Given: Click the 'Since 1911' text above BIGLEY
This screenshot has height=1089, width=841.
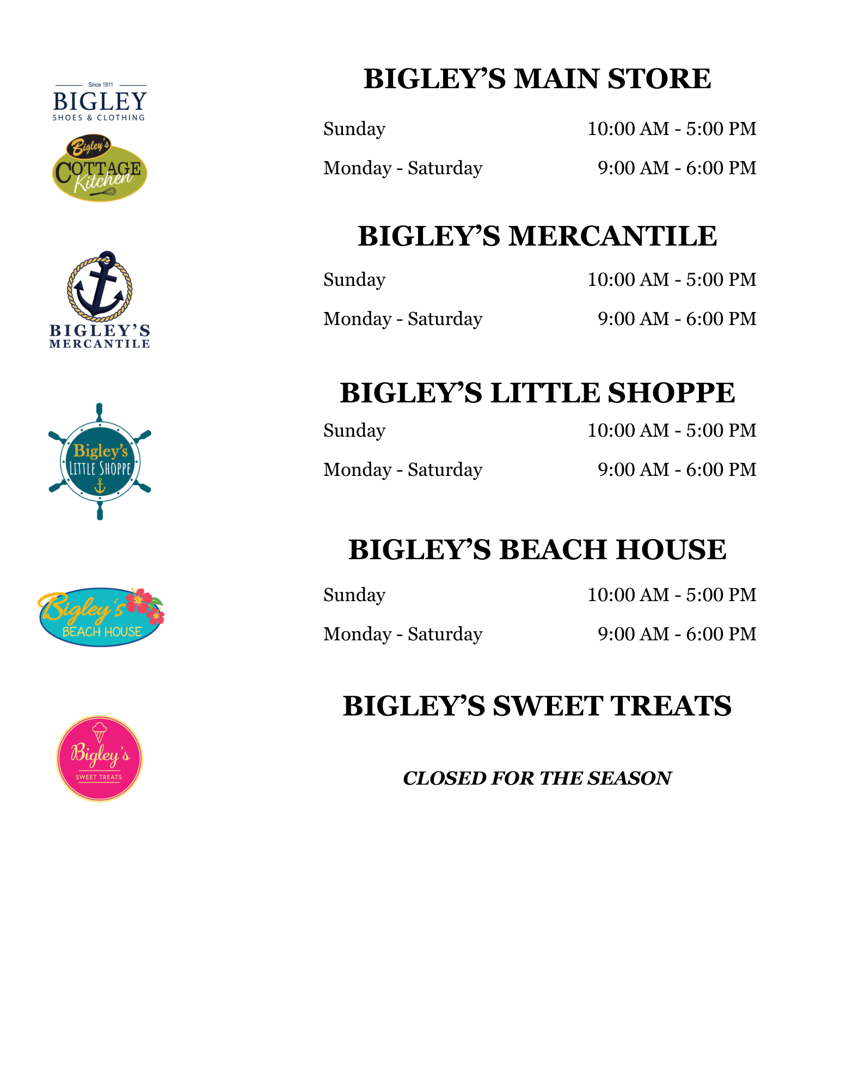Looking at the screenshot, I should point(101,85).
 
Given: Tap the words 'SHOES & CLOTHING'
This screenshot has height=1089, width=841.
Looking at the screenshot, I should point(99,118).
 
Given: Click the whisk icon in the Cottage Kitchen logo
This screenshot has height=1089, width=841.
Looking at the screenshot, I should point(105,193).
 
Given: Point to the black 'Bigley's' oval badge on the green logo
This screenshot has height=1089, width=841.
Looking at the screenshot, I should point(89,146).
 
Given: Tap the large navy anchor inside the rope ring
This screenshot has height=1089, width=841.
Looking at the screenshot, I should point(99,291).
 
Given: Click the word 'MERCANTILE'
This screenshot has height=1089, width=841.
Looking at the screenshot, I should point(100,344).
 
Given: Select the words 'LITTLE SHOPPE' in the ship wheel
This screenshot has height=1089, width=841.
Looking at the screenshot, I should point(100,468).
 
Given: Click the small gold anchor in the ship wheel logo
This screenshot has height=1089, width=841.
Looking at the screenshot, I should point(100,486).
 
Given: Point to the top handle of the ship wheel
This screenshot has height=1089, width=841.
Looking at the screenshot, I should point(99,411).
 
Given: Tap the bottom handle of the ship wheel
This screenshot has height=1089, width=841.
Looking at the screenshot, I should point(100,512).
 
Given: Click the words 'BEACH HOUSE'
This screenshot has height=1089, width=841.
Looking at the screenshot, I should point(102,632).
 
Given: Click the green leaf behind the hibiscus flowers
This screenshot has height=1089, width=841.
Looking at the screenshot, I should point(157,602).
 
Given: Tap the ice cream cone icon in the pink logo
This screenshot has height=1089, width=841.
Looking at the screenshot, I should point(99,732).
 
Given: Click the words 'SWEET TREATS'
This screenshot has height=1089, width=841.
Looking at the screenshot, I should point(99,777).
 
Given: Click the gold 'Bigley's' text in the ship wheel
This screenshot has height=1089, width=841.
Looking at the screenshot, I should point(100,451).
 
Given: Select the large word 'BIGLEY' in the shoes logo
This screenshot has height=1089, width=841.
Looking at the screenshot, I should point(100,101).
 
